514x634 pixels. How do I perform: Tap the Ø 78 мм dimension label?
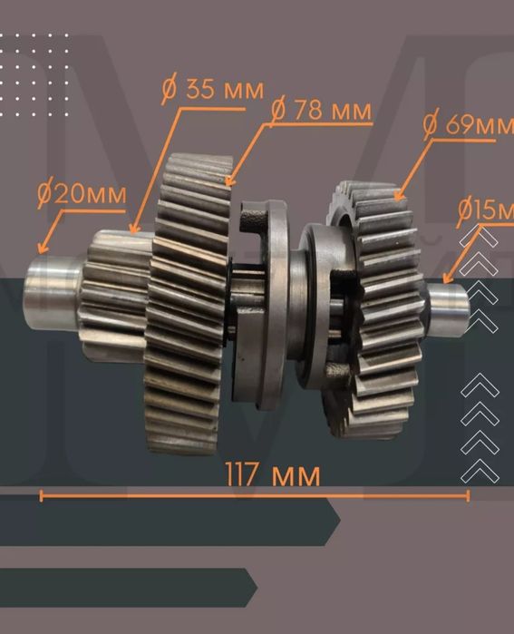coord(321,110)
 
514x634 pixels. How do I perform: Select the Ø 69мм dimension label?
coord(468,124)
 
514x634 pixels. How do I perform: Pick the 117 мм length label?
coord(273,474)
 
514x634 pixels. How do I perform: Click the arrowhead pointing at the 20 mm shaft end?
coord(42,248)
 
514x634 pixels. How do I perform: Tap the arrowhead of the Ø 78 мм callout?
coord(229,180)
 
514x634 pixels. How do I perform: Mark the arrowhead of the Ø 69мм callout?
coord(398,196)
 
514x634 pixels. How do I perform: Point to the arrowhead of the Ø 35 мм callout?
coord(133,229)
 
